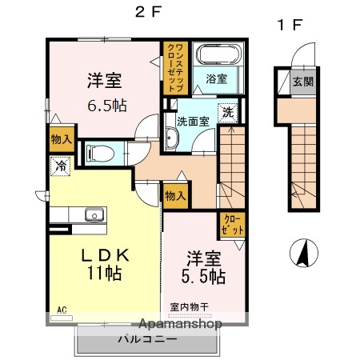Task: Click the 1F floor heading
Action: [x=288, y=25]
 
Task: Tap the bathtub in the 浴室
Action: [x=217, y=58]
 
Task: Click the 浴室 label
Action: [x=216, y=79]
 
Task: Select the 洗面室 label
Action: [x=193, y=122]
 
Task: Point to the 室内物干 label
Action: [x=189, y=306]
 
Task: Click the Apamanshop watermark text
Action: [x=181, y=325]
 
